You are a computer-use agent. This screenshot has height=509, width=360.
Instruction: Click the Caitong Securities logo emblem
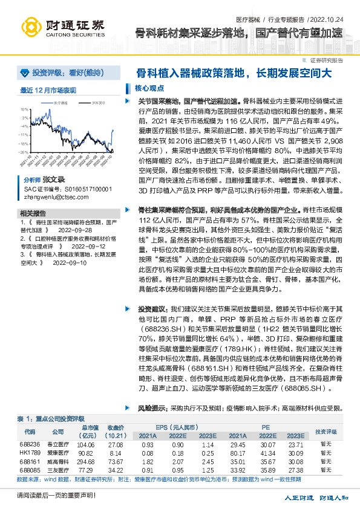31,27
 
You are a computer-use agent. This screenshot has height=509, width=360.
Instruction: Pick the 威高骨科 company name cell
57,461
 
